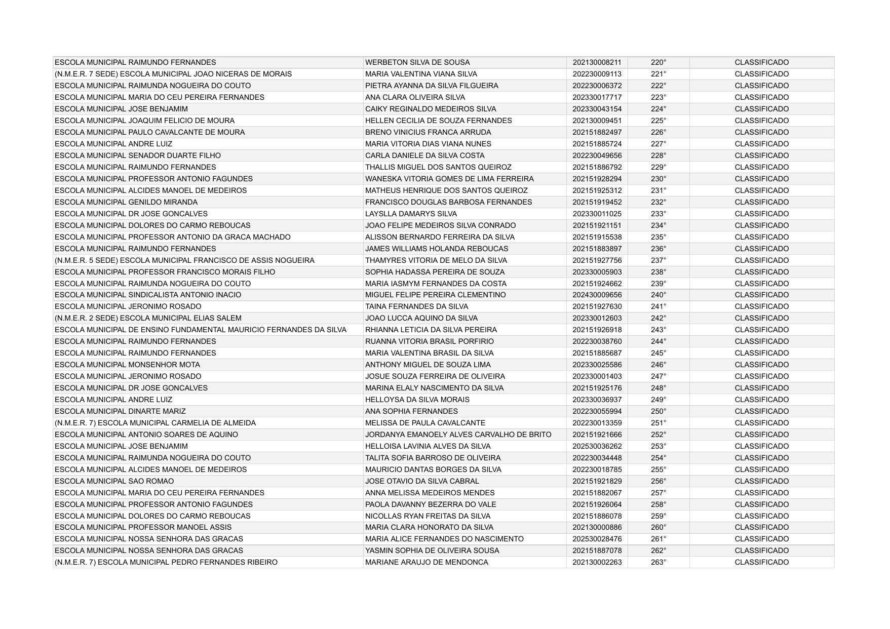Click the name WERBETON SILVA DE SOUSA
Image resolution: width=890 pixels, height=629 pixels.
tap(417, 62)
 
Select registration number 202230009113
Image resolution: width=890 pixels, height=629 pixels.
tap(597, 74)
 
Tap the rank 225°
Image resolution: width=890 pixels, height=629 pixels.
tap(659, 121)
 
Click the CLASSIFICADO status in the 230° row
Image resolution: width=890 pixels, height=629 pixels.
tap(761, 179)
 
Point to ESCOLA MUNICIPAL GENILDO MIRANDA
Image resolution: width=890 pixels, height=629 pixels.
tap(126, 202)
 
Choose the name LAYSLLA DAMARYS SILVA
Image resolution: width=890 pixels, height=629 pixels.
tap(411, 214)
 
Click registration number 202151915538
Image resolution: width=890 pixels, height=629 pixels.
tap(597, 237)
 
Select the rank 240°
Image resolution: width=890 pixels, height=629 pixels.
tap(659, 295)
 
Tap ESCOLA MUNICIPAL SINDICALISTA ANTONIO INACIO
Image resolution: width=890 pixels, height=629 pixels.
tap(148, 295)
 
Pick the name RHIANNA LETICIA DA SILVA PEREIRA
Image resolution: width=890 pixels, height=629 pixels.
tap(431, 330)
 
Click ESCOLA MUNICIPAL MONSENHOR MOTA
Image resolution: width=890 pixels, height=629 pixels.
tap(127, 365)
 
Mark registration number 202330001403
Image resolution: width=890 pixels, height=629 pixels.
tap(597, 376)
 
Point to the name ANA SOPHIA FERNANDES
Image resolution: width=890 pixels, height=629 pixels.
tap(411, 411)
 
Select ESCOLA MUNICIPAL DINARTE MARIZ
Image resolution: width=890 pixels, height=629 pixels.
tap(120, 411)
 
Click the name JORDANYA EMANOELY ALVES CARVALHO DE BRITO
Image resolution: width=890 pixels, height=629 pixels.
tap(458, 435)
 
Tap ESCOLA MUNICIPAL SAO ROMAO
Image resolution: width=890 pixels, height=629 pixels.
tap(114, 481)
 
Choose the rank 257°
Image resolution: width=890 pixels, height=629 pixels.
tap(659, 493)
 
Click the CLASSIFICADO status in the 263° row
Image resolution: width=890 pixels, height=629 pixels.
tap(761, 562)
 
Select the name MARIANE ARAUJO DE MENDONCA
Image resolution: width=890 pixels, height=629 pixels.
tap(427, 562)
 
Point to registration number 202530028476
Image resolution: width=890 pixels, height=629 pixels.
tap(597, 539)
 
